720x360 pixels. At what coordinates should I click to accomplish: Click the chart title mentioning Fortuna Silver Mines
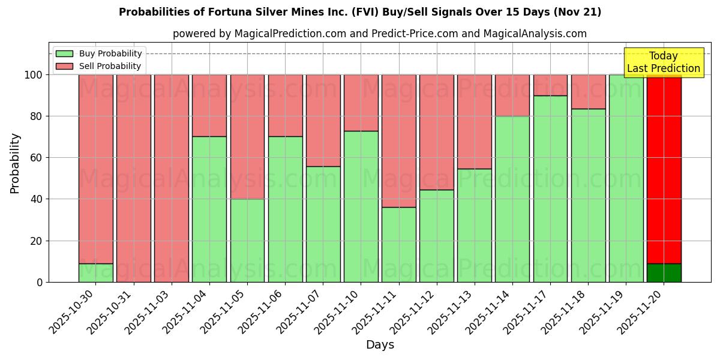360,12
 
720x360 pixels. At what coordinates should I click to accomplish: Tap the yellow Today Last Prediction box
663,62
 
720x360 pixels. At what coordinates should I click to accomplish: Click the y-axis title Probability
15,163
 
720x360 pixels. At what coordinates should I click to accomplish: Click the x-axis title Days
380,345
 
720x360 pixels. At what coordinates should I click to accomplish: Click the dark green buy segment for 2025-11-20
664,273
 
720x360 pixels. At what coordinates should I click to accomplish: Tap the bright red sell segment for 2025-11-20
664,168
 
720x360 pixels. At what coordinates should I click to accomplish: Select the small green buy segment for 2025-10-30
95,273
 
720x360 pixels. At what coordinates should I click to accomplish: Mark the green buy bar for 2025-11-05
247,240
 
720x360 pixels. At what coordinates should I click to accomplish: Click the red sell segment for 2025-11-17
550,85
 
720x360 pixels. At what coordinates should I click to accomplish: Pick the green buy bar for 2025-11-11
398,244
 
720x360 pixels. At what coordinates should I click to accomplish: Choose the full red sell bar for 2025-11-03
172,178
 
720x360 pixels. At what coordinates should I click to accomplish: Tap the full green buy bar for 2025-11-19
626,178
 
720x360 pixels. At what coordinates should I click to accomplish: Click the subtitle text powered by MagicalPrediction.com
380,34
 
